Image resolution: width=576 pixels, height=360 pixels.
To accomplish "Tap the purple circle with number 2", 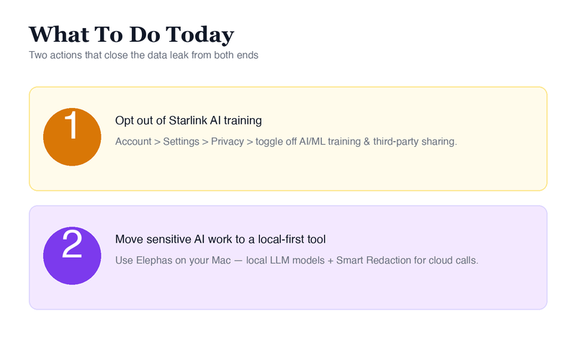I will coord(71,257).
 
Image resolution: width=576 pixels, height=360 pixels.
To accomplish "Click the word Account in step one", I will coord(133,142).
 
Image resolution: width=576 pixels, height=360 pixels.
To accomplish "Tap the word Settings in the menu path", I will coord(181,142).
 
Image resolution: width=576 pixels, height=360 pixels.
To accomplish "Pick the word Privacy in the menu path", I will coord(228,142).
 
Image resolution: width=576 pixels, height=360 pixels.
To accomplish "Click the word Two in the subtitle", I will coord(38,55).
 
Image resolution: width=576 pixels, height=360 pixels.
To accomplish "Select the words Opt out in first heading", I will coord(134,120).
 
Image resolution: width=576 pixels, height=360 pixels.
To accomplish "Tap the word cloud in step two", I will coord(443,260).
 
